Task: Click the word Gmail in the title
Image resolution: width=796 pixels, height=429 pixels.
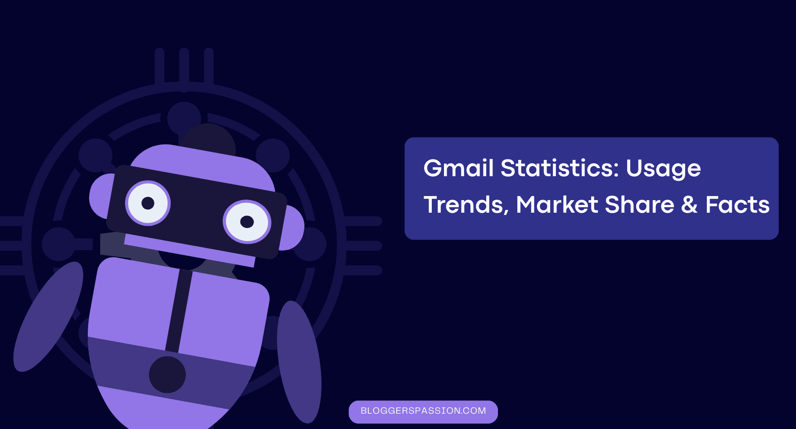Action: click(x=458, y=168)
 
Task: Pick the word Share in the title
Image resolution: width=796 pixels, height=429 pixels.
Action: click(x=639, y=205)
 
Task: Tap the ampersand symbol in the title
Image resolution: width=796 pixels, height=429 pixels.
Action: click(x=689, y=205)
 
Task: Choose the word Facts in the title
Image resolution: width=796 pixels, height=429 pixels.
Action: click(x=737, y=205)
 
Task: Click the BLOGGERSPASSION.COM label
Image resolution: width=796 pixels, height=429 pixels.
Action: click(x=423, y=411)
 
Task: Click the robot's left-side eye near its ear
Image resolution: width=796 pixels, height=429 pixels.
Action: click(x=148, y=203)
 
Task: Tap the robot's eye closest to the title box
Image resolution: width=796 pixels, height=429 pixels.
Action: click(x=247, y=222)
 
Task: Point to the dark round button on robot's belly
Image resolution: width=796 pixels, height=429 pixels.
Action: click(x=167, y=374)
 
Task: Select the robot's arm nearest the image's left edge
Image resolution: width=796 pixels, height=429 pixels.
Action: click(x=48, y=316)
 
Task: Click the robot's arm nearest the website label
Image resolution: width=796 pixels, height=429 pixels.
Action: click(x=299, y=362)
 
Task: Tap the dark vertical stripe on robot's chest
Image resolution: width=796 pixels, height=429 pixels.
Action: click(x=179, y=311)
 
